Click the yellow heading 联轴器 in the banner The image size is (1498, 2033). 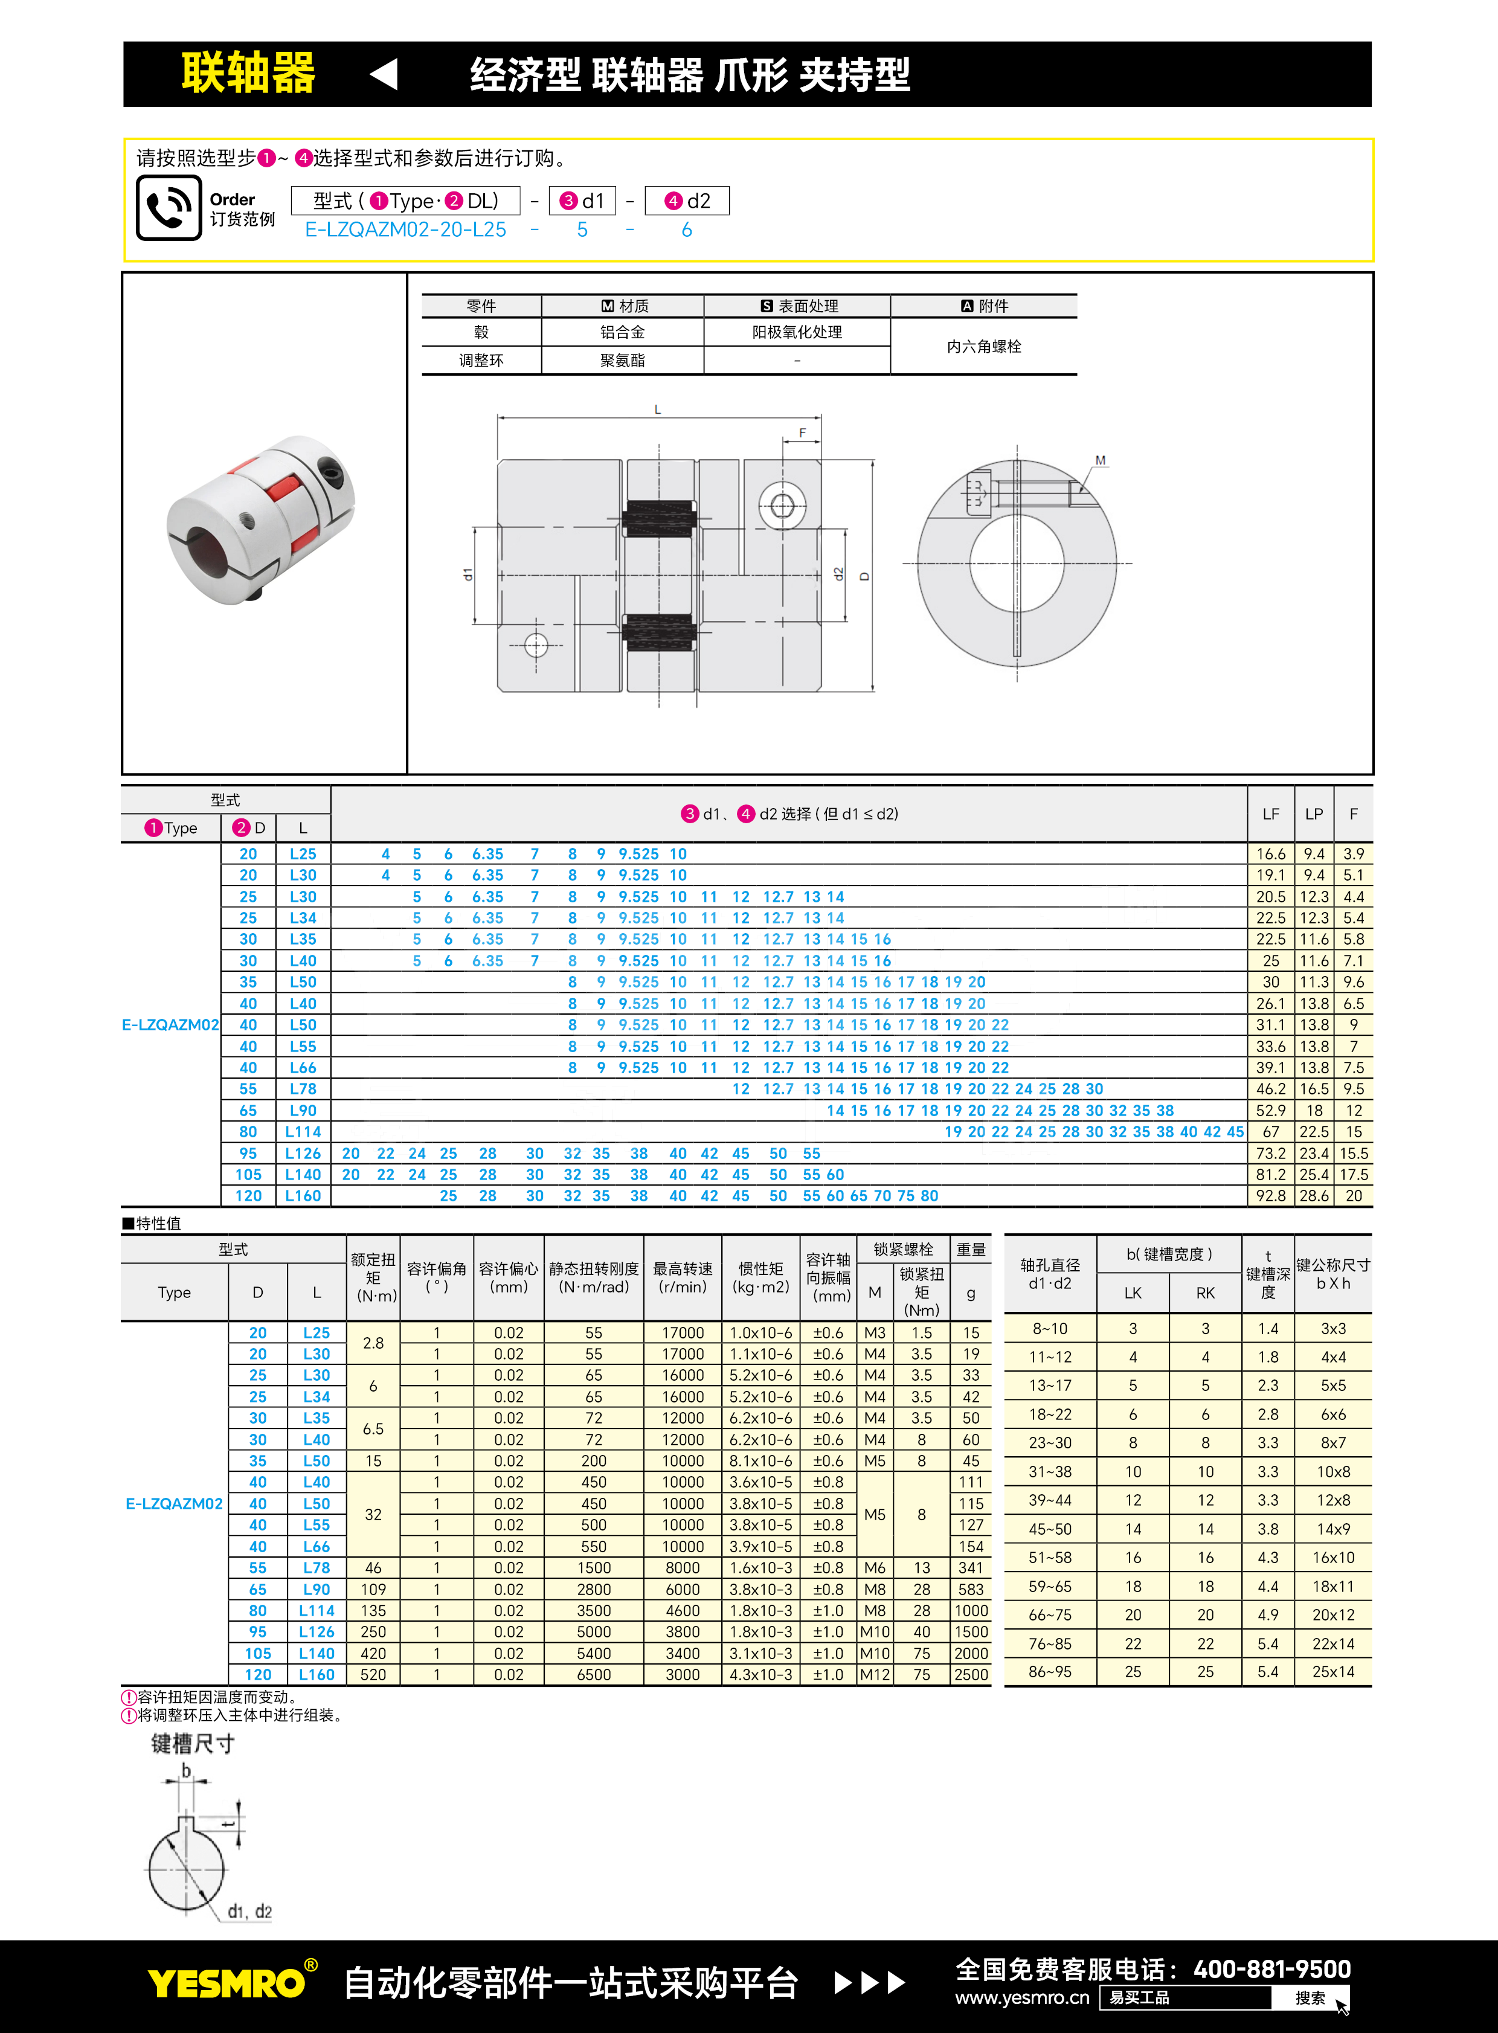click(x=248, y=74)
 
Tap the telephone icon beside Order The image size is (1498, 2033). click(x=169, y=208)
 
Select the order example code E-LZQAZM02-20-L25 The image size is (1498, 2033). click(x=405, y=230)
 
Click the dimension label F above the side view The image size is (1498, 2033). click(x=802, y=432)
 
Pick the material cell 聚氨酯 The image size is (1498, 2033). click(x=622, y=360)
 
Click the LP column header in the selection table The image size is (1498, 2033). click(x=1313, y=814)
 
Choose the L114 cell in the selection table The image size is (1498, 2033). click(x=303, y=1132)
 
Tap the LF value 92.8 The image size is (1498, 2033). click(x=1270, y=1195)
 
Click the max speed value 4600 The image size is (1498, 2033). click(x=682, y=1610)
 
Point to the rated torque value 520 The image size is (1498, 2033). click(x=373, y=1675)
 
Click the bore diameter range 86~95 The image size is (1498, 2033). click(x=1049, y=1671)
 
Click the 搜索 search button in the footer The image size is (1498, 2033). click(x=1310, y=1997)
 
